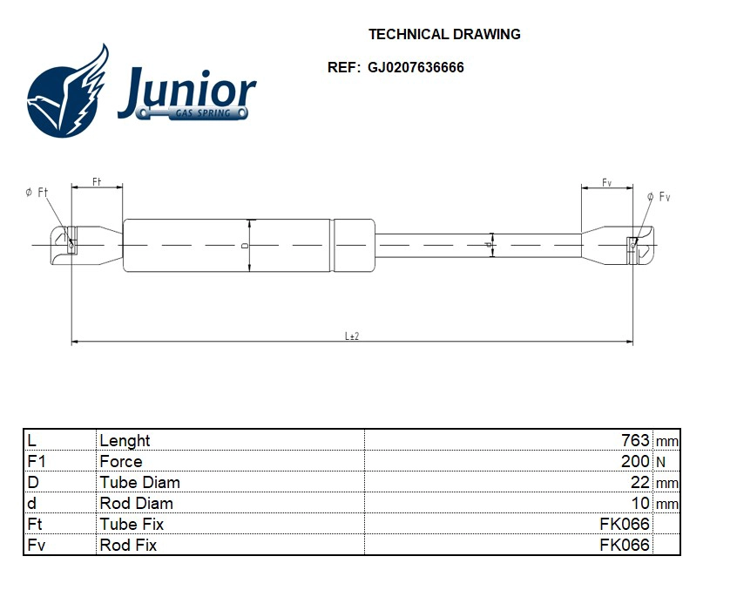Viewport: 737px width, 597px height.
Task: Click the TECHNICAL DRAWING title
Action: click(444, 35)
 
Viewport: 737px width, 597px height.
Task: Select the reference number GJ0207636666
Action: click(416, 67)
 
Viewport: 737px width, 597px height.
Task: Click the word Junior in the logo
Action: click(186, 91)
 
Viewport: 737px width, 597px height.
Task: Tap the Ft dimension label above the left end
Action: click(97, 182)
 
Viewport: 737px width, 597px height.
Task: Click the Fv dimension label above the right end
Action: click(606, 182)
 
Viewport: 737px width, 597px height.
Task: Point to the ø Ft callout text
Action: click(37, 193)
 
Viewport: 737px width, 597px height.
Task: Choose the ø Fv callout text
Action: click(659, 198)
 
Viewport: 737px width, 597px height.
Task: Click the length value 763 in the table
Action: click(635, 441)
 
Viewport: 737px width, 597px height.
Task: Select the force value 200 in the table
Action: click(635, 462)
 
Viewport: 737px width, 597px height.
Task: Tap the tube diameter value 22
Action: click(640, 483)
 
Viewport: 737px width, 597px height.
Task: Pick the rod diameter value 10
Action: click(640, 504)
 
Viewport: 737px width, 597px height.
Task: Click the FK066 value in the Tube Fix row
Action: click(625, 525)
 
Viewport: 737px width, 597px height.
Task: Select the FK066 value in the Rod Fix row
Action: click(625, 546)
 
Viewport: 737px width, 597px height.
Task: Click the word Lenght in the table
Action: click(125, 441)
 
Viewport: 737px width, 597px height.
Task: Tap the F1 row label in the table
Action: click(36, 462)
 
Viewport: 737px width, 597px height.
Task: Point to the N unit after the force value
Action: click(660, 463)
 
